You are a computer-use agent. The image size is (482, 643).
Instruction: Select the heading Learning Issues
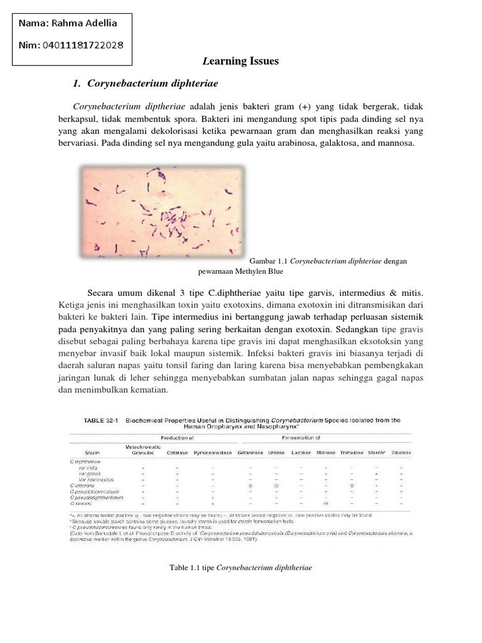point(240,62)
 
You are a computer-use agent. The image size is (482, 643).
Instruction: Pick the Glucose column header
point(401,452)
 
